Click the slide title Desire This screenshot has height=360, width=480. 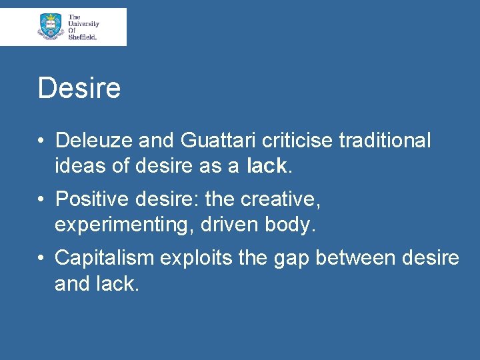click(x=79, y=88)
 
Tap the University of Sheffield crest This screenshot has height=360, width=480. click(x=51, y=26)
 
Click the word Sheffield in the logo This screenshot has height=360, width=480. click(x=83, y=37)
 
